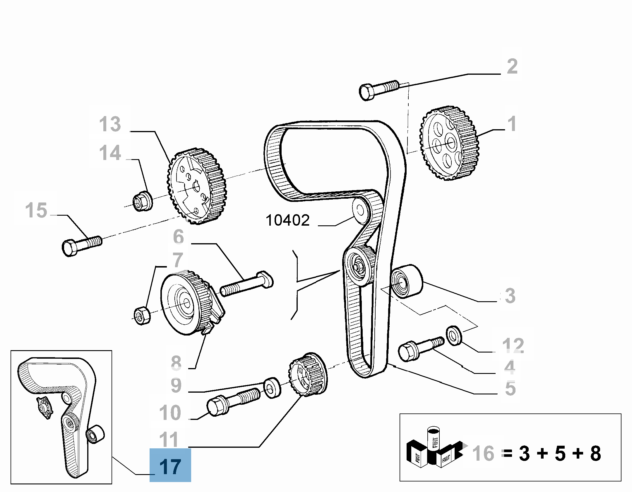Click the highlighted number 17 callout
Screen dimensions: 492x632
pos(170,467)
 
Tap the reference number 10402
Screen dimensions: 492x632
pos(287,220)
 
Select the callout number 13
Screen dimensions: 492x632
pos(110,124)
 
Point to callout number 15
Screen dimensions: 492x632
pos(36,210)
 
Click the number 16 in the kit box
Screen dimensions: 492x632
pos(483,453)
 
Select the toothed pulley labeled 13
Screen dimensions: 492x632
pos(197,186)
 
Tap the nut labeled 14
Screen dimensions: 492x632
pos(143,201)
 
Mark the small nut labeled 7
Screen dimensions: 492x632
pos(142,315)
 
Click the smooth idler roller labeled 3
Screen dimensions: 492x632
pos(407,281)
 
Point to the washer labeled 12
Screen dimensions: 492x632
pos(454,335)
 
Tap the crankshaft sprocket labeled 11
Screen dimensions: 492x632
pos(308,375)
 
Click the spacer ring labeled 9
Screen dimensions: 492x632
pos(272,388)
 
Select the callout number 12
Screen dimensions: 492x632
pos(513,345)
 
